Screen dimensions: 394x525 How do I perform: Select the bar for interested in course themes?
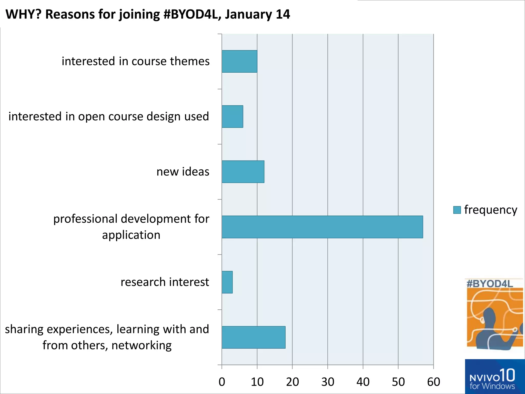point(239,61)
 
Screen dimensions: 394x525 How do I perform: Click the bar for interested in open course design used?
point(232,116)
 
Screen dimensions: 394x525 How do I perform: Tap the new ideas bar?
point(243,172)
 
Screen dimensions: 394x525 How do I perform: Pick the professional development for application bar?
point(322,227)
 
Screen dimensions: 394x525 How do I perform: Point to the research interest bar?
point(227,282)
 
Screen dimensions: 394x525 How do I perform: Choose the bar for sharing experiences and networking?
point(254,337)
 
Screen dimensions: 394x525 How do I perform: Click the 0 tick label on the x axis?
point(222,382)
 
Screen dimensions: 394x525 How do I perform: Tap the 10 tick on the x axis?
point(257,382)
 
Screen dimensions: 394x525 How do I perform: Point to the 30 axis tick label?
point(328,382)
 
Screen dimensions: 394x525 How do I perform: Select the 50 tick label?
point(398,382)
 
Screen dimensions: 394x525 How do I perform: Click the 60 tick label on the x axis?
point(433,382)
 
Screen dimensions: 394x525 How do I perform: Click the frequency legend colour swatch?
point(457,210)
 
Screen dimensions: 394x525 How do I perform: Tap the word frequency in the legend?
point(491,210)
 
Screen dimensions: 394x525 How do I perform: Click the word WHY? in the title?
point(23,14)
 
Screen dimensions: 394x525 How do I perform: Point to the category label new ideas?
point(183,172)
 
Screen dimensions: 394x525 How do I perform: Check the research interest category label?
point(165,282)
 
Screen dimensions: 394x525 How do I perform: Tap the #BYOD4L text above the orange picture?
point(490,284)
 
